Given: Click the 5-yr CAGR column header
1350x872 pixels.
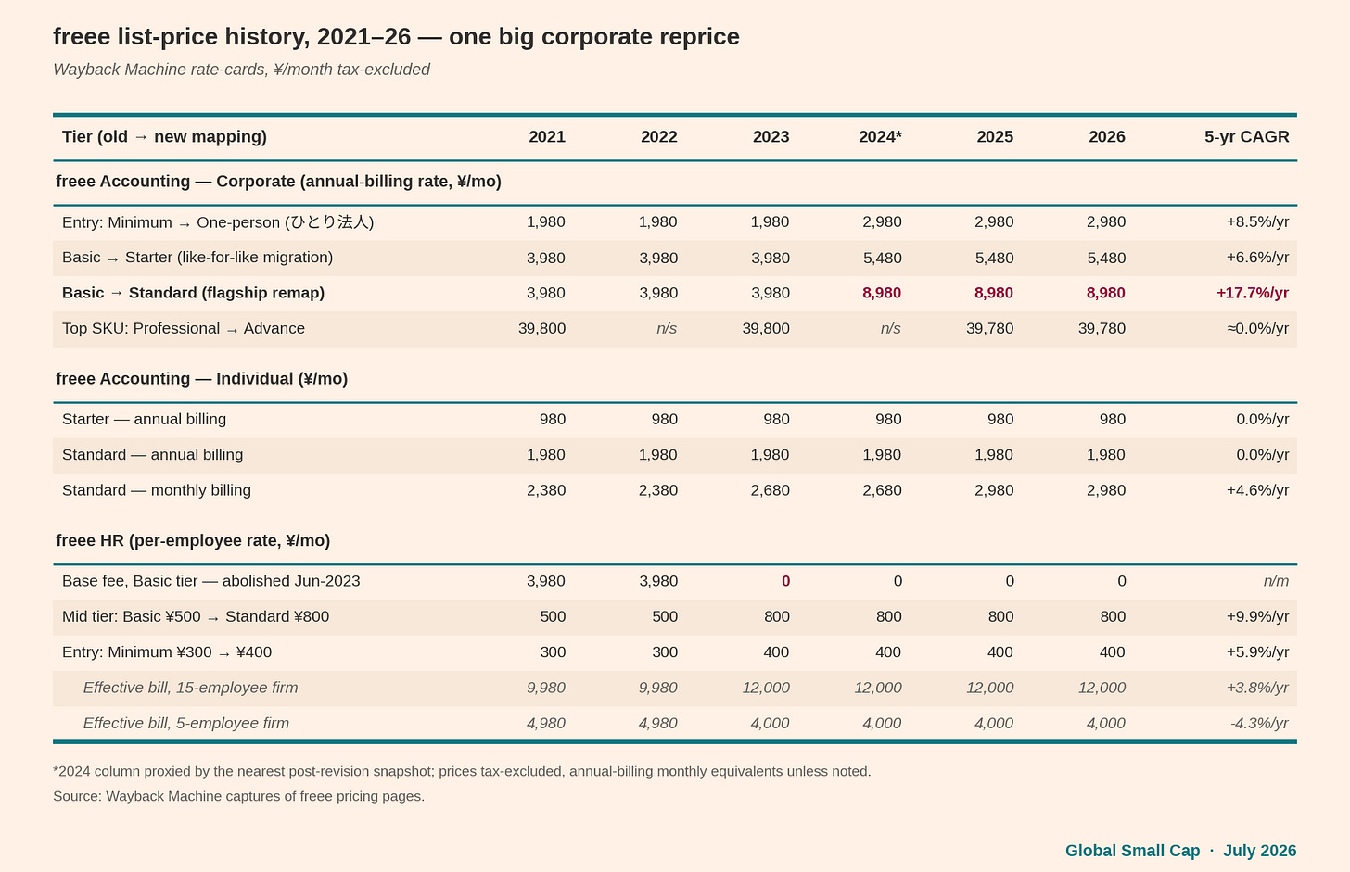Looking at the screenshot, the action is point(1246,137).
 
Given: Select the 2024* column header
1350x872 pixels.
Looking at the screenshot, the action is point(880,137).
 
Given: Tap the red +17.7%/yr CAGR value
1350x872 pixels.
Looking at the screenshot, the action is point(1253,293).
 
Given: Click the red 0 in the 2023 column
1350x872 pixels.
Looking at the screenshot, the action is point(785,580).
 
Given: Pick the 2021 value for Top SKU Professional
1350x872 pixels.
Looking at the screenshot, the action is point(541,328).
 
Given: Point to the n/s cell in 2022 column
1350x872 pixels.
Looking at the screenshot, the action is point(667,328).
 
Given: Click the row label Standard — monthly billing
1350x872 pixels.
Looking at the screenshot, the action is point(156,489).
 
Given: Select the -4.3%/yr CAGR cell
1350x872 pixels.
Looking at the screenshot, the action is point(1259,723).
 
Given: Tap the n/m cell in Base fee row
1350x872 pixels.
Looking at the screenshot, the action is point(1276,580).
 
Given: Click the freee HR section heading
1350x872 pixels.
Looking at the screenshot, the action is point(193,540).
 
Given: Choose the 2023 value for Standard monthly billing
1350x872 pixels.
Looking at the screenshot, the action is point(770,489).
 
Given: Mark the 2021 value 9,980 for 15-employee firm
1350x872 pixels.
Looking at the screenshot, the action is point(545,687).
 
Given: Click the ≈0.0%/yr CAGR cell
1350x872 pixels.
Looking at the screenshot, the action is point(1258,328).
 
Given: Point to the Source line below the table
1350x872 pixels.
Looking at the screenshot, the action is point(238,796).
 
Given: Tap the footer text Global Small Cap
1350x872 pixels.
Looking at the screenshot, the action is point(1132,851).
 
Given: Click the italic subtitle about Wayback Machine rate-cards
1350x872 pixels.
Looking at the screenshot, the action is point(241,70).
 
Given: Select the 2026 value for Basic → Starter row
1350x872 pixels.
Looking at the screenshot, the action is point(1106,258).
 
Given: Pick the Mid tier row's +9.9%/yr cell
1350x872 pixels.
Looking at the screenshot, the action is point(1258,616).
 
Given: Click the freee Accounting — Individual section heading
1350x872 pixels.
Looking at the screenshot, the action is point(202,378).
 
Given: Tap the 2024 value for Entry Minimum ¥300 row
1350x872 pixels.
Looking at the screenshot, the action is point(887,651).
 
